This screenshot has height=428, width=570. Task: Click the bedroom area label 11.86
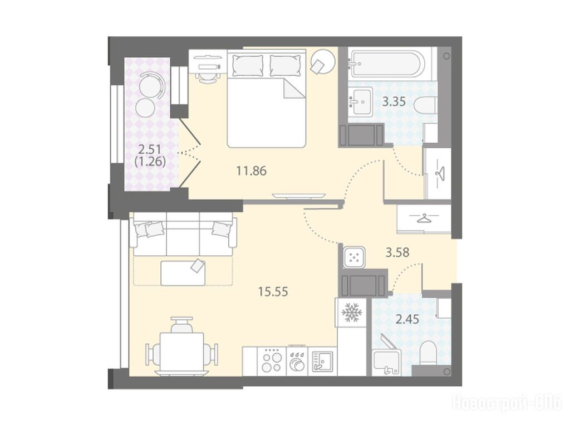[251, 171]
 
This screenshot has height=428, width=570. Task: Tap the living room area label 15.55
[273, 291]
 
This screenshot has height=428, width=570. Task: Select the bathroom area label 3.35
[394, 101]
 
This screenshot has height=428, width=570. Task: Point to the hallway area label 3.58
[397, 252]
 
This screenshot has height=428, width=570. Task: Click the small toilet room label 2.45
[407, 319]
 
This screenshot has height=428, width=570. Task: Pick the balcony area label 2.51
[150, 149]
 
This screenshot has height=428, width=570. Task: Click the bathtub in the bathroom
[386, 64]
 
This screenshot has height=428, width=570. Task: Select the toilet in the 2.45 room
[429, 353]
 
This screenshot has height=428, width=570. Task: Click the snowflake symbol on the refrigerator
[351, 312]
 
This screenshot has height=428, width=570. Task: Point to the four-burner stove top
[272, 361]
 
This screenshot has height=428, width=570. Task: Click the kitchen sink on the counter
[322, 361]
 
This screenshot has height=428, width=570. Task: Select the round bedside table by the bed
[322, 62]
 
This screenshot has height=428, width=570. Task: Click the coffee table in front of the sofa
[183, 273]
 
